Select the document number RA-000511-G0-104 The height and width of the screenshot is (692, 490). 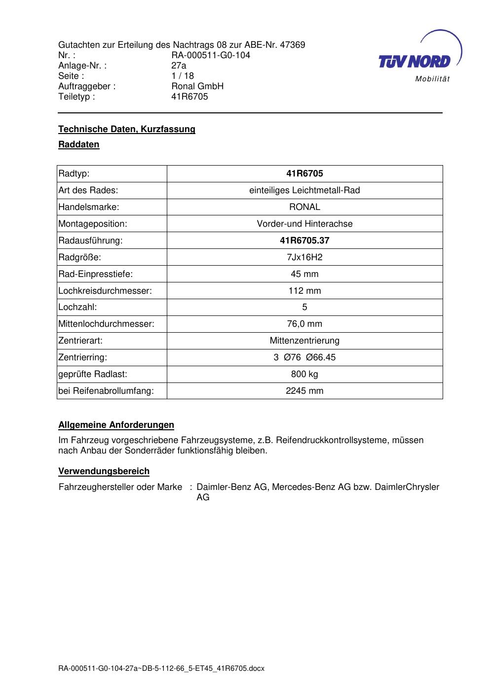pos(211,55)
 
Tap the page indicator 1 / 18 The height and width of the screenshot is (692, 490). pos(183,76)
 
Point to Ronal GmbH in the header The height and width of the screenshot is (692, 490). pos(197,86)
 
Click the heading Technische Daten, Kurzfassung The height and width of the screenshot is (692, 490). pos(127,129)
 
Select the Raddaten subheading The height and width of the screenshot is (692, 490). pos(79,144)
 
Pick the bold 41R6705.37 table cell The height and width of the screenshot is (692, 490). pos(304,241)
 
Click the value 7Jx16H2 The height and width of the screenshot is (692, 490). pos(304,257)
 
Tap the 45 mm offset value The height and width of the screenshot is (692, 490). pos(304,274)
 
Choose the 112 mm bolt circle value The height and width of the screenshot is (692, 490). pos(304,291)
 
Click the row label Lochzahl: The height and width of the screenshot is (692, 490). pos(77,307)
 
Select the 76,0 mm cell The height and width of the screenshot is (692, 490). pos(304,324)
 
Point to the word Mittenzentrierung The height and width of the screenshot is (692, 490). pos(304,341)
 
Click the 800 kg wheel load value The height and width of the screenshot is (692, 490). pos(304,374)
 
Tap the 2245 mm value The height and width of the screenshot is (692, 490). pos(304,391)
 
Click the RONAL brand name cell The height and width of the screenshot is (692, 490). pos(304,207)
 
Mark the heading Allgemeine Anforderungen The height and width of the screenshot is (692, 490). pos(116,425)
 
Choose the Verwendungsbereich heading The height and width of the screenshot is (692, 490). pos(104,471)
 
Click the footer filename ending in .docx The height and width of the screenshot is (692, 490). pos(161,669)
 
